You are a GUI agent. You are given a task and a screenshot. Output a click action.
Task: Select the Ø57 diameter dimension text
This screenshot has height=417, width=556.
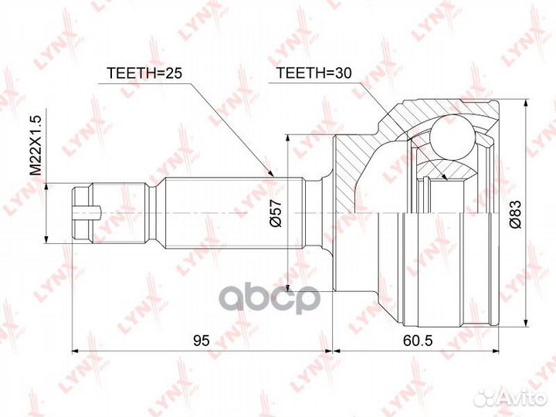click(x=274, y=212)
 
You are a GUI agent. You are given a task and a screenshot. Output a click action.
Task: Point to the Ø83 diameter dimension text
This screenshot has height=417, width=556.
click(x=514, y=212)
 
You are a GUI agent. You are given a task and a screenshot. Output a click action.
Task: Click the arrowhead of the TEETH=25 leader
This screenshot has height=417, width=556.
click(x=272, y=177)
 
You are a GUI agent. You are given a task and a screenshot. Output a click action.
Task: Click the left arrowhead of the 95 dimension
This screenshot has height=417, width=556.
click(x=75, y=351)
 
